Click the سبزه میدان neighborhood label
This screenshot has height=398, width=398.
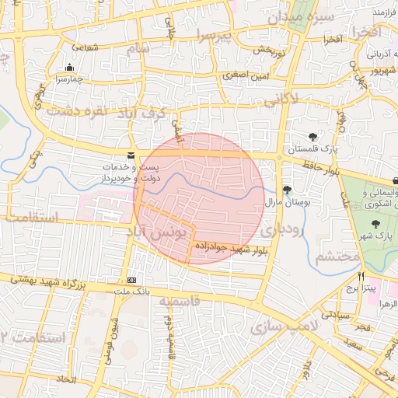tap(302, 16)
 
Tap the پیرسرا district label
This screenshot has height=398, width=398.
tap(215, 35)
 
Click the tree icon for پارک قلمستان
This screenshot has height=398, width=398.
tap(313, 138)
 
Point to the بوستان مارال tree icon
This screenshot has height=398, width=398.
tap(287, 190)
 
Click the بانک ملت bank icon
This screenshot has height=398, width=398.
tap(131, 280)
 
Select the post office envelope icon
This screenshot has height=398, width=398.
tap(130, 155)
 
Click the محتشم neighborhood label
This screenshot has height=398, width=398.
tap(337, 256)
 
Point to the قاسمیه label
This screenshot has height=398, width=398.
tap(180, 300)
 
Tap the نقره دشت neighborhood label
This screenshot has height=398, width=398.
tap(77, 111)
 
